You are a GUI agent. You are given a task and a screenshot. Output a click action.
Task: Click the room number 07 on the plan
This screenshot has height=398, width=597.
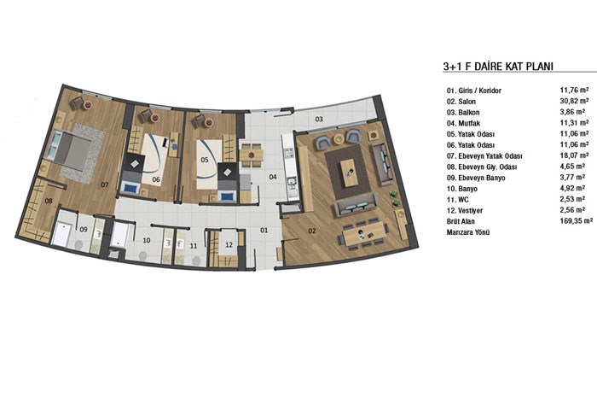click(x=105, y=184)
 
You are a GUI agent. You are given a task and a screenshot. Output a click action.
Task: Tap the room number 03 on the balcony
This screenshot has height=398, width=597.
click(x=319, y=119)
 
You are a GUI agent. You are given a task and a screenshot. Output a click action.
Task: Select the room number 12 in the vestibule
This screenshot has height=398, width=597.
click(x=229, y=245)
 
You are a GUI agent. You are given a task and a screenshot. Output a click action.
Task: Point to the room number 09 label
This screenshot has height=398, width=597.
click(x=84, y=230)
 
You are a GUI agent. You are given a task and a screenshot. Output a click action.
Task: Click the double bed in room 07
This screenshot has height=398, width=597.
click(x=68, y=148)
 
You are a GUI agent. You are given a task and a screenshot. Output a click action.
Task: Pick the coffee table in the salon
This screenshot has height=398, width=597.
click(x=348, y=173)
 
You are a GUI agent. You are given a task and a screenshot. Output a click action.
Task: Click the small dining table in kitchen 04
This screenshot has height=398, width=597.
click(x=252, y=155)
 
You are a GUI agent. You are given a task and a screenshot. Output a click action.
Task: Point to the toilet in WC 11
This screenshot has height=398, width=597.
click(x=196, y=260)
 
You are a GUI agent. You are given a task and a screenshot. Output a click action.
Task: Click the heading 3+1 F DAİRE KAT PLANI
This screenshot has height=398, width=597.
click(x=498, y=66)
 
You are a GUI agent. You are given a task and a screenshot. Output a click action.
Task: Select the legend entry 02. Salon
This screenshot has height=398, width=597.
click(x=461, y=102)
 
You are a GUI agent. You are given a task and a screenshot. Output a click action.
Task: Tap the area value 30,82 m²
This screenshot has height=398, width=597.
click(x=574, y=101)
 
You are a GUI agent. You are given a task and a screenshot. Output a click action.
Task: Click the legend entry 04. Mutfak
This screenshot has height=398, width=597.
click(x=463, y=123)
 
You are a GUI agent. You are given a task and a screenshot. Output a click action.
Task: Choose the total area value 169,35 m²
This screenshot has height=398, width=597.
click(x=577, y=220)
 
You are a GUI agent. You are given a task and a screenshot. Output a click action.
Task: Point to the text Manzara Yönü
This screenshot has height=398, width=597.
click(x=468, y=231)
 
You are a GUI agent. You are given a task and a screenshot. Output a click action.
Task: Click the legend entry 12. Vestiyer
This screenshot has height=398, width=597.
click(x=465, y=210)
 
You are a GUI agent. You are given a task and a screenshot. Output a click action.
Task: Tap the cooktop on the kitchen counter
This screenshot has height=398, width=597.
click(x=289, y=153)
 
